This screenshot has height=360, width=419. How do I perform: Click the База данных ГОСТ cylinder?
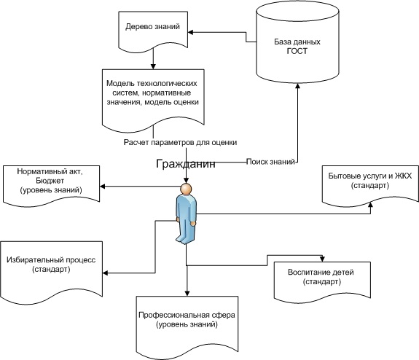pyautogui.click(x=297, y=42)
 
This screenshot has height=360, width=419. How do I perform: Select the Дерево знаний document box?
pyautogui.click(x=153, y=31)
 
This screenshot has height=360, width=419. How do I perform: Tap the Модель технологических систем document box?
pyautogui.click(x=153, y=101)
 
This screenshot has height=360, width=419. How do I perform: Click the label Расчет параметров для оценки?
pyautogui.click(x=180, y=142)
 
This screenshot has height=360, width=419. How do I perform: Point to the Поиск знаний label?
pyautogui.click(x=270, y=162)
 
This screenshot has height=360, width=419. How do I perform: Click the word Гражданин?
pyautogui.click(x=185, y=163)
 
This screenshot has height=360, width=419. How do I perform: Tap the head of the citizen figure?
pyautogui.click(x=186, y=189)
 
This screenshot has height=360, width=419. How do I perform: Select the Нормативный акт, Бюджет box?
pyautogui.click(x=51, y=186)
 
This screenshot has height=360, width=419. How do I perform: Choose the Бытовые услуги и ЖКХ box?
pyautogui.click(x=370, y=186)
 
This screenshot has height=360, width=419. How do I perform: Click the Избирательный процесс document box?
pyautogui.click(x=51, y=272)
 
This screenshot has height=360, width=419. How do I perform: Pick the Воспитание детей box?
pyautogui.click(x=322, y=282)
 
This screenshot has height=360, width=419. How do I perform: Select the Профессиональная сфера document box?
pyautogui.click(x=187, y=327)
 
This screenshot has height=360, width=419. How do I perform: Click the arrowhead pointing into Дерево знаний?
pyautogui.click(x=190, y=32)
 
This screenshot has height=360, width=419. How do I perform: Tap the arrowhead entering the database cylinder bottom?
pyautogui.click(x=297, y=86)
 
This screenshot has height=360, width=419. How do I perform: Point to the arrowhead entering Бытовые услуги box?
pyautogui.click(x=370, y=204)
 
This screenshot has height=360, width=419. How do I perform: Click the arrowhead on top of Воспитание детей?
pyautogui.click(x=322, y=259)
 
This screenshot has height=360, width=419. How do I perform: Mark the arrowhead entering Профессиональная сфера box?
pyautogui.click(x=187, y=293)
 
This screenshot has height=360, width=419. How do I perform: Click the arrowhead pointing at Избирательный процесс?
pyautogui.click(x=105, y=273)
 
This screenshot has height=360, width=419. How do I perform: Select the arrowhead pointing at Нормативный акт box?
pyautogui.click(x=102, y=187)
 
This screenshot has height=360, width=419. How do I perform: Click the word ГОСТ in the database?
pyautogui.click(x=297, y=51)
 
